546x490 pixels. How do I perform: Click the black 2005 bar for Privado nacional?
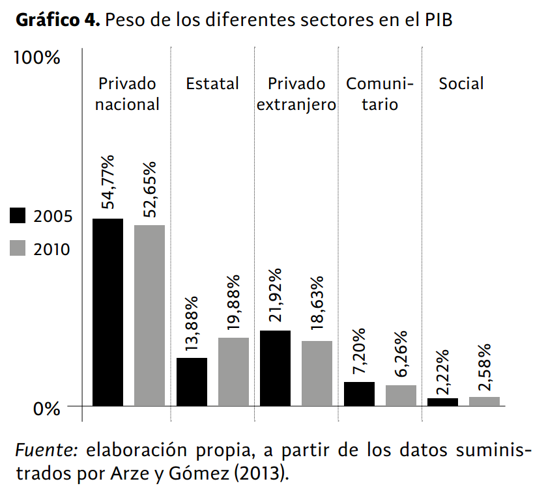click(108, 312)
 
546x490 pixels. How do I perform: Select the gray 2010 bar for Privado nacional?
click(149, 315)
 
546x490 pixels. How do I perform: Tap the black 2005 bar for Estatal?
click(192, 381)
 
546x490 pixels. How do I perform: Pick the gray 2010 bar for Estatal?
click(233, 372)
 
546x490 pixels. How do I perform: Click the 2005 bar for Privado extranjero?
click(275, 368)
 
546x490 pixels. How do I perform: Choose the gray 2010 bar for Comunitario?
click(401, 395)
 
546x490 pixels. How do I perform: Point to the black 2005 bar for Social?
click(442, 402)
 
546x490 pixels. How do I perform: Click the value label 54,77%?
click(108, 182)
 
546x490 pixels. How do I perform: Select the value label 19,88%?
click(234, 303)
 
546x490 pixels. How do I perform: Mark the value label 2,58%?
click(485, 368)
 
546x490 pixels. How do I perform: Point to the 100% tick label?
click(37, 58)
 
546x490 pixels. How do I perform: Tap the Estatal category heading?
click(212, 84)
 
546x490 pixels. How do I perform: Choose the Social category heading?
click(461, 84)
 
